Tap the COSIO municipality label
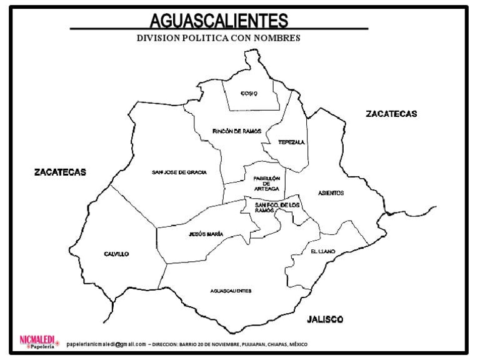point(249,94)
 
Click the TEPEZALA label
point(291,142)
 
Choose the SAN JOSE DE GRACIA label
point(179,172)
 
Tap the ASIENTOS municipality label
point(331,193)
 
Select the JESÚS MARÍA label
point(206,234)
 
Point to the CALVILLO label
point(116,254)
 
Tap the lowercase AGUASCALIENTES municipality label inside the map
point(231,291)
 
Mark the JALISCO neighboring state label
point(325,319)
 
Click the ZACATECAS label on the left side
point(60,172)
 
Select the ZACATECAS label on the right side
point(391,114)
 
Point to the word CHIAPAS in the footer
point(271,344)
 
